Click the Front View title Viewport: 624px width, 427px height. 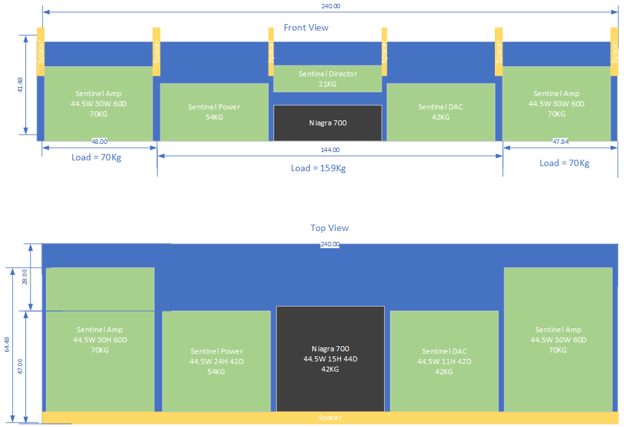coord(306,27)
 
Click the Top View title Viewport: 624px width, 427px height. coord(329,228)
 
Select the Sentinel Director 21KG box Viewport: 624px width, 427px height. coord(328,79)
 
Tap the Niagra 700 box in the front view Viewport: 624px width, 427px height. coord(328,123)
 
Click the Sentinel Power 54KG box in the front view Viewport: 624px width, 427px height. coord(214,112)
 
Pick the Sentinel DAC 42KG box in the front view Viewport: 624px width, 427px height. coord(441,112)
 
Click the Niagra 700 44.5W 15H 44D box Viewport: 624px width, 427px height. coord(330,359)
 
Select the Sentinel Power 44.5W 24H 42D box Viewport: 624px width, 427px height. coord(216,361)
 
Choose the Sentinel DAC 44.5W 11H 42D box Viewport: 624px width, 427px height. coord(444,361)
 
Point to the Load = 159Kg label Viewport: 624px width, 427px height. coord(319,169)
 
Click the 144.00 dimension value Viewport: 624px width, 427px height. coord(330,150)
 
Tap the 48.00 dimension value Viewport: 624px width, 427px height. coord(99,141)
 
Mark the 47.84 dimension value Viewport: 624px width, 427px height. coord(560,141)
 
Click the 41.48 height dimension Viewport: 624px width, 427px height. coord(20,85)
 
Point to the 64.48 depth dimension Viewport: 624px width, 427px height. coord(7,345)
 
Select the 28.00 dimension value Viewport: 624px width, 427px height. coord(25,277)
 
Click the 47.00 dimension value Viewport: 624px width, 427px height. coord(20,367)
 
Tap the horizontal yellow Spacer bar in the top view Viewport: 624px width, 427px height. coord(330,417)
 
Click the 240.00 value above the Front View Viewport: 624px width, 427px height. coord(331,6)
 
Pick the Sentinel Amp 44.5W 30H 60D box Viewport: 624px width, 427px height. coord(101,339)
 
